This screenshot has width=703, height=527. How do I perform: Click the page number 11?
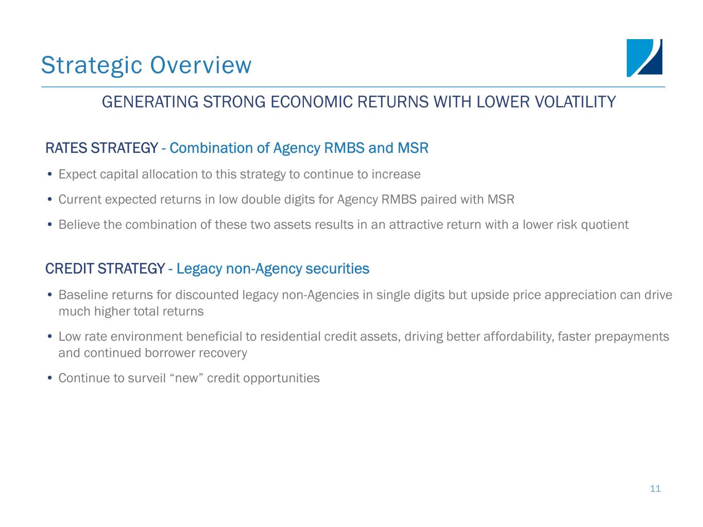click(x=655, y=488)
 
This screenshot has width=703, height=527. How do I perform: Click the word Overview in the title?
click(x=201, y=65)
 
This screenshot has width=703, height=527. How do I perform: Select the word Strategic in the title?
click(x=92, y=66)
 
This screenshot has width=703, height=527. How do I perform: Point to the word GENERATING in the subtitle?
click(x=150, y=102)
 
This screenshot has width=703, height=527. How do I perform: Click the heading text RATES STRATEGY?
click(x=101, y=148)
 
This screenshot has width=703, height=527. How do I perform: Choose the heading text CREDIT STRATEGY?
click(x=105, y=269)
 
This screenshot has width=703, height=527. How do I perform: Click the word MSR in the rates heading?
click(x=413, y=148)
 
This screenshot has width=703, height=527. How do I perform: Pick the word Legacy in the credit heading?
click(x=199, y=269)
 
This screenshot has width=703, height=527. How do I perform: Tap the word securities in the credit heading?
click(x=337, y=269)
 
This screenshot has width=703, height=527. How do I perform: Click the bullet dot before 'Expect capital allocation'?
click(x=49, y=174)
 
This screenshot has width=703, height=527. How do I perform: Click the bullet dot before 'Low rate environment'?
click(x=49, y=337)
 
